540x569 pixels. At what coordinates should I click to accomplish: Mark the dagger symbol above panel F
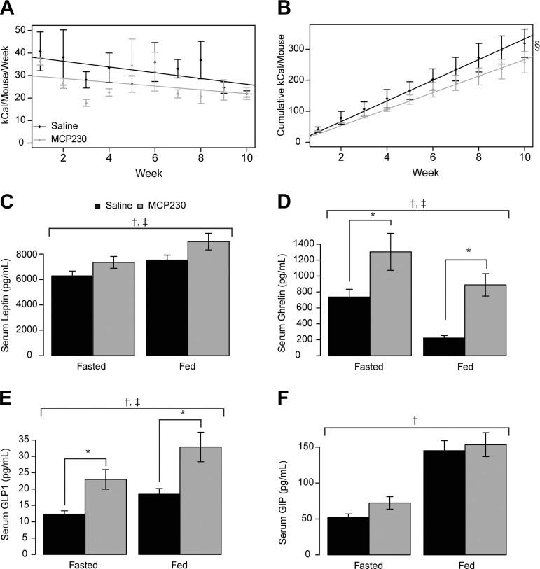coord(415,420)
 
